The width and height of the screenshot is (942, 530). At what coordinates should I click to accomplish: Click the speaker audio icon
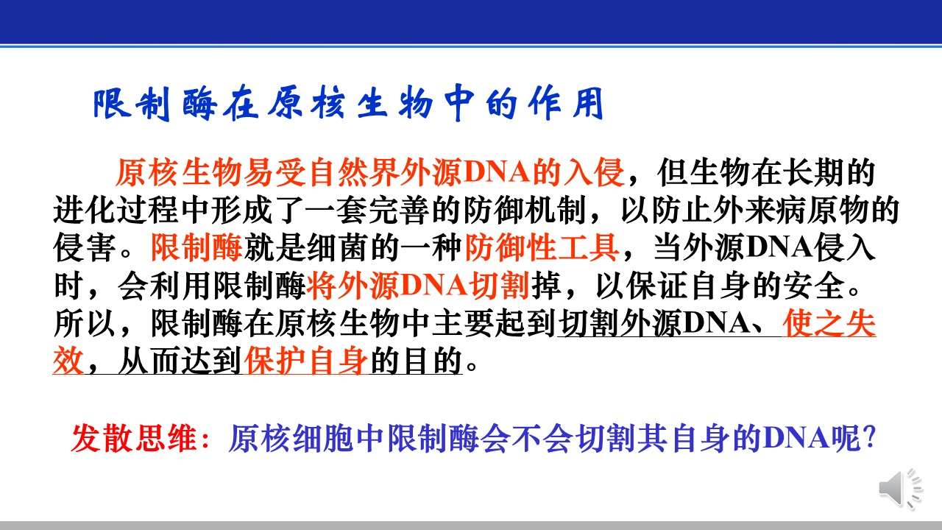900,489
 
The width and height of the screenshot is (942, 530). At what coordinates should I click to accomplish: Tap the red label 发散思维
134,438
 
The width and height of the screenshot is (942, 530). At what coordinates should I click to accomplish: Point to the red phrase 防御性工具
541,248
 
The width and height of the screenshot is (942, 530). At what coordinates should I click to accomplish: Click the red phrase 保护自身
305,361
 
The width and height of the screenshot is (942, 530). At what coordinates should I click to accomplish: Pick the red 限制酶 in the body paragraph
196,248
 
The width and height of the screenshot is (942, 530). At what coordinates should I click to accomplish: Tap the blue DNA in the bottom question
796,438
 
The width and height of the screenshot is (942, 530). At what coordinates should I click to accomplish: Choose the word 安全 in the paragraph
814,286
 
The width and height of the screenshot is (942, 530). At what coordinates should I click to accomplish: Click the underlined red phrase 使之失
829,323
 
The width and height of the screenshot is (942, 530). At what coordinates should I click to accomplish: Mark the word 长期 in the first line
813,172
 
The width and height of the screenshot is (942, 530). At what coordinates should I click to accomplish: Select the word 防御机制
525,210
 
